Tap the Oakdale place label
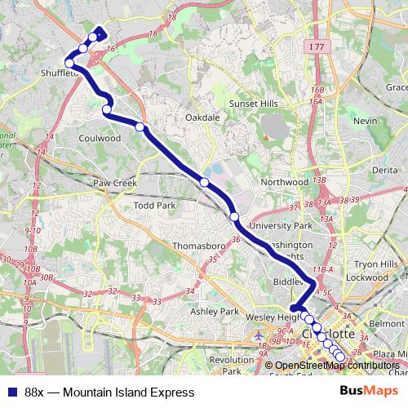[203, 118]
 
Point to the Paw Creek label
[113, 183]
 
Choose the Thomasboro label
[199, 245]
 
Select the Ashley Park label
[214, 312]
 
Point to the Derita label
[384, 169]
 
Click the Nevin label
[365, 121]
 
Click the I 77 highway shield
[317, 48]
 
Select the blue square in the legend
[12, 392]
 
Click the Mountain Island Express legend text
[109, 392]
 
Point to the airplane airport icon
[259, 336]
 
